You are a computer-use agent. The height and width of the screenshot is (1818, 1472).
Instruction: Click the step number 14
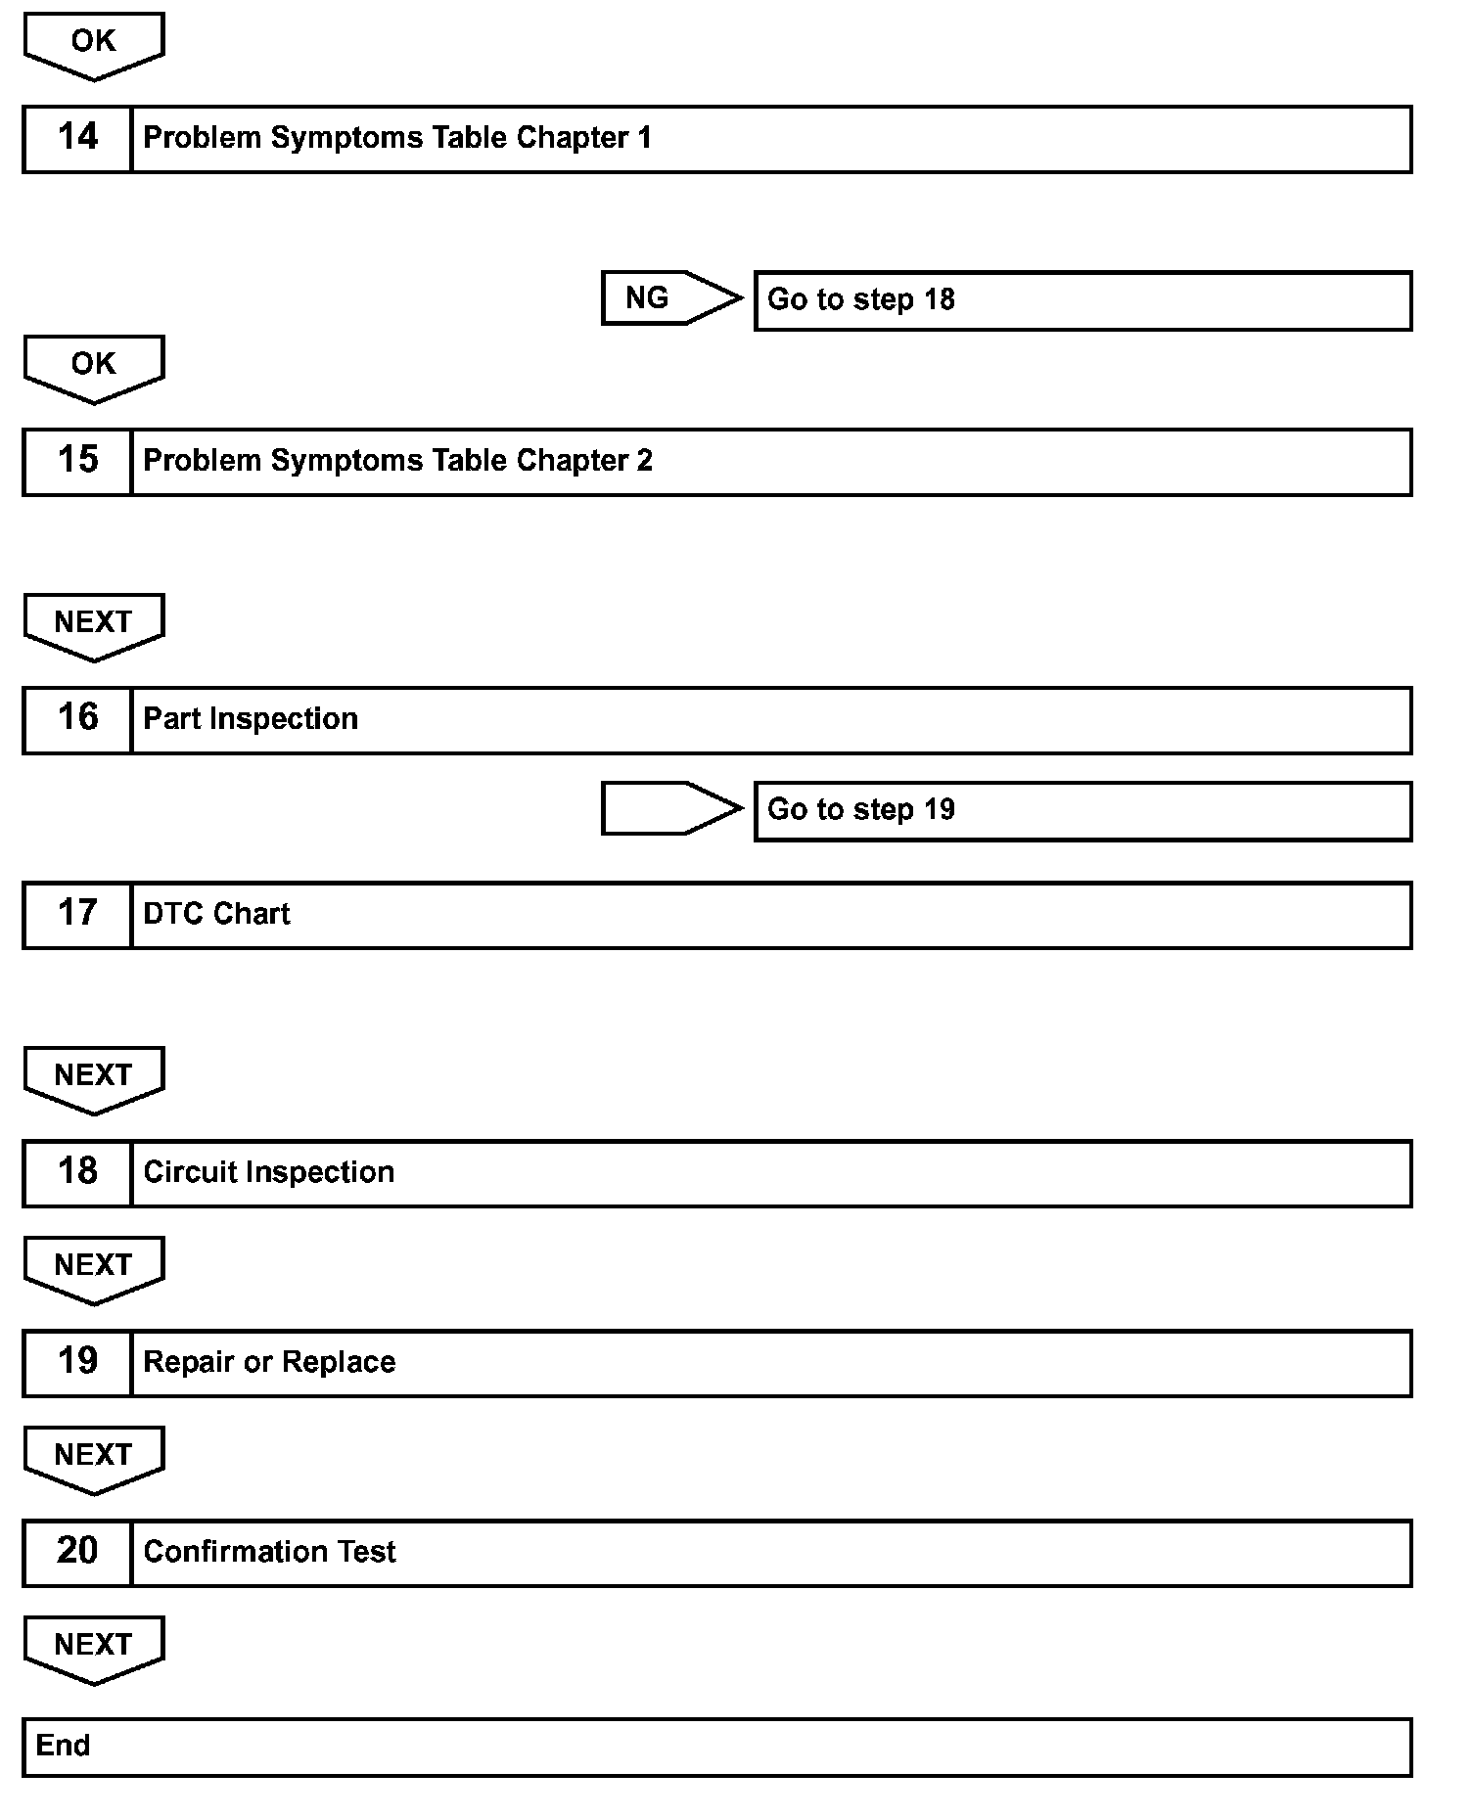[77, 138]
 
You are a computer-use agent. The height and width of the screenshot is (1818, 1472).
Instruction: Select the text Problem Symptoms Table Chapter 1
[396, 138]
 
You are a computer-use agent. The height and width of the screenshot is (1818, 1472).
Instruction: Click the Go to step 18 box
[1081, 300]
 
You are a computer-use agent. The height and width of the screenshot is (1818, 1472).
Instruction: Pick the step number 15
[77, 461]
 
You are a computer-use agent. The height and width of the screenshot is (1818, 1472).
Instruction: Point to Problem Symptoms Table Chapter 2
[397, 461]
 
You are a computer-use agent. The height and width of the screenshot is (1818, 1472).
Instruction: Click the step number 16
[77, 719]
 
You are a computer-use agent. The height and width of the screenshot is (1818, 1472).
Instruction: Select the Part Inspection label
[251, 719]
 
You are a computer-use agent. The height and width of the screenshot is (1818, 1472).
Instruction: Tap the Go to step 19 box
[1081, 810]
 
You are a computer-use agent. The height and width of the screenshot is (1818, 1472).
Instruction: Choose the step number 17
[77, 914]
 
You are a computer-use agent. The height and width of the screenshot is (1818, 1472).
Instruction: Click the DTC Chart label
[216, 914]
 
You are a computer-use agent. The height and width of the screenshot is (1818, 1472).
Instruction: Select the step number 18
[77, 1172]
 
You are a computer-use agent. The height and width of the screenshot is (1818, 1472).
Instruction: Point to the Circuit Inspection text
[268, 1172]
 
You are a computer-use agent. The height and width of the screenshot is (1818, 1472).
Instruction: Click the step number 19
[77, 1362]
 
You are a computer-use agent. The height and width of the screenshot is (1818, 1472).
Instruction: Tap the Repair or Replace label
[269, 1362]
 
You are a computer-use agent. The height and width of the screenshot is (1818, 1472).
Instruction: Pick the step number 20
[77, 1552]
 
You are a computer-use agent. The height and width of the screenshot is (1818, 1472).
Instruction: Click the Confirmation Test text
[269, 1552]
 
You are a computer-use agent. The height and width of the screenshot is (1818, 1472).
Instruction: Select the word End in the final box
[63, 1746]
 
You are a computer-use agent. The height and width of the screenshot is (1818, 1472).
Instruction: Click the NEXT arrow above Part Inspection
[93, 624]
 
